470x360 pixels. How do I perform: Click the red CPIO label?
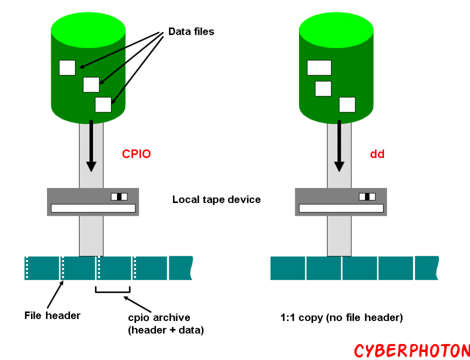(136, 154)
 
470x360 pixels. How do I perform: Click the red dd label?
(377, 154)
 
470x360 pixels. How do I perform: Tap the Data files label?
(191, 32)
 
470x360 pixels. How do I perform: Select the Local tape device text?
(216, 199)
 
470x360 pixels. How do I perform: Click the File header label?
(52, 315)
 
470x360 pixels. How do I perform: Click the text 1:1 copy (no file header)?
(342, 318)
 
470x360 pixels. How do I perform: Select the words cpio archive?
(159, 318)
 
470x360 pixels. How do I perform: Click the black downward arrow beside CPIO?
(91, 146)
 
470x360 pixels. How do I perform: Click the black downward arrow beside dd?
(339, 146)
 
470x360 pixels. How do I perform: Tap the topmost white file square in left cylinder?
(67, 68)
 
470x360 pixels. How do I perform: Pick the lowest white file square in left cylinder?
(103, 104)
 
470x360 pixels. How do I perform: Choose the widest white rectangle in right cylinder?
(319, 68)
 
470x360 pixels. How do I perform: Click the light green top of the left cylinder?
(88, 26)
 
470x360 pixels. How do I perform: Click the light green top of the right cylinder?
(336, 26)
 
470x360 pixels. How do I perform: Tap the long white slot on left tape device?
(93, 208)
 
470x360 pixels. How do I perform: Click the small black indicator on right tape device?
(367, 196)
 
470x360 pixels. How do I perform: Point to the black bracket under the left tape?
(113, 290)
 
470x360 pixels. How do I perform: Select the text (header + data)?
(166, 330)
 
